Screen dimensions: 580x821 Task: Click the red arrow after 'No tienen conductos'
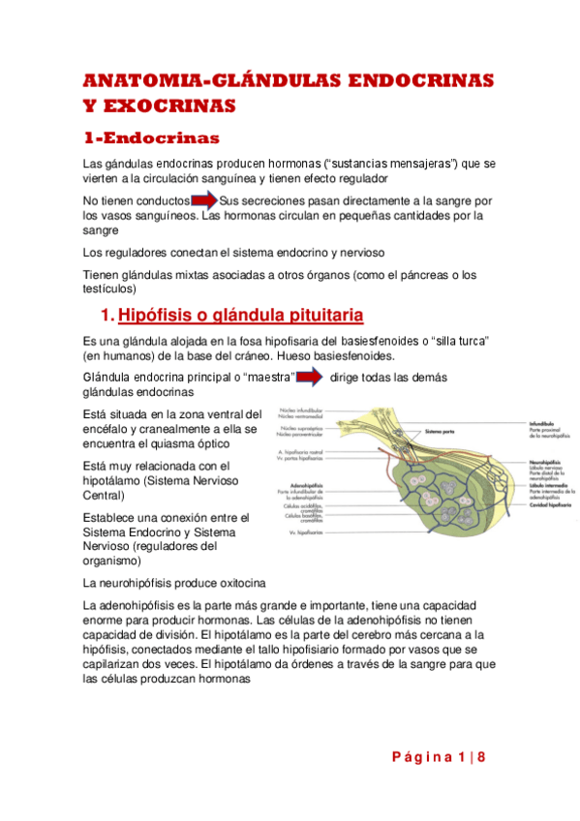pos(204,200)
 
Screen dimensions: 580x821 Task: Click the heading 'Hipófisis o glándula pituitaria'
pos(240,316)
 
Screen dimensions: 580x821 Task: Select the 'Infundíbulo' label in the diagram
pos(543,422)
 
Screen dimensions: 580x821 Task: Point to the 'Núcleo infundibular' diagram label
pos(301,410)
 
